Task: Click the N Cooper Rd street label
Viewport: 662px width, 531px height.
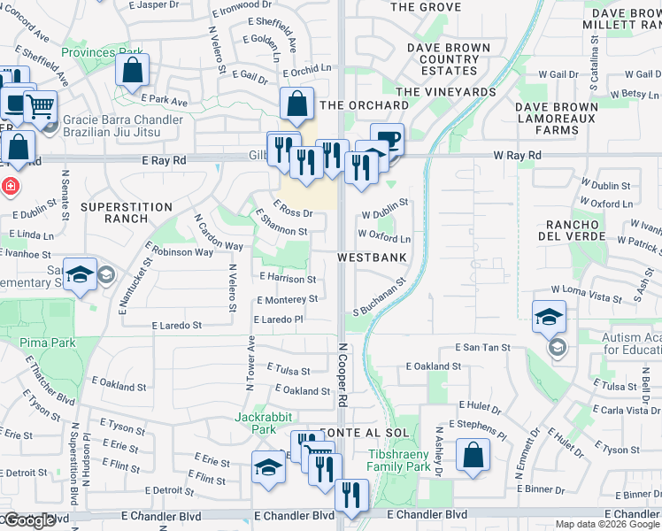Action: click(340, 376)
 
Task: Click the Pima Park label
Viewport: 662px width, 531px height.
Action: click(50, 342)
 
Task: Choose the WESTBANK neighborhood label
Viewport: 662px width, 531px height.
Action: click(371, 258)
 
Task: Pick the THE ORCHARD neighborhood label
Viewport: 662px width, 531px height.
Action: click(364, 105)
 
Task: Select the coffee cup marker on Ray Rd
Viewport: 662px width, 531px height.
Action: click(387, 137)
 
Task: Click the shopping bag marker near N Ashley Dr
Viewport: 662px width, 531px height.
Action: click(473, 455)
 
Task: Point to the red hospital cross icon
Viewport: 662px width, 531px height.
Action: click(10, 187)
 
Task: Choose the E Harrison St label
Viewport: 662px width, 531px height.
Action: click(288, 278)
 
